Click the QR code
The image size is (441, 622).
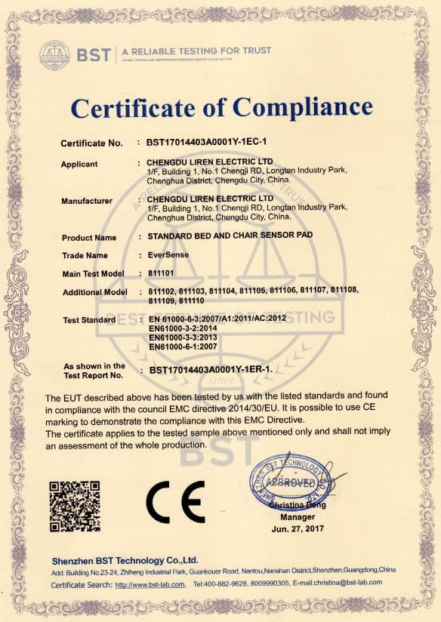[74, 502]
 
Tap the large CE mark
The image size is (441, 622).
[174, 502]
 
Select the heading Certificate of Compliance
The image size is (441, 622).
[221, 107]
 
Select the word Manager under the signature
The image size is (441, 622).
[297, 518]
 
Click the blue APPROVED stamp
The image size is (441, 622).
[290, 481]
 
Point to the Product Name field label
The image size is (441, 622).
[89, 238]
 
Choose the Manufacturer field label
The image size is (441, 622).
[87, 201]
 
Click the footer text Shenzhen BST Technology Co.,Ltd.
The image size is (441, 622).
[125, 560]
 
